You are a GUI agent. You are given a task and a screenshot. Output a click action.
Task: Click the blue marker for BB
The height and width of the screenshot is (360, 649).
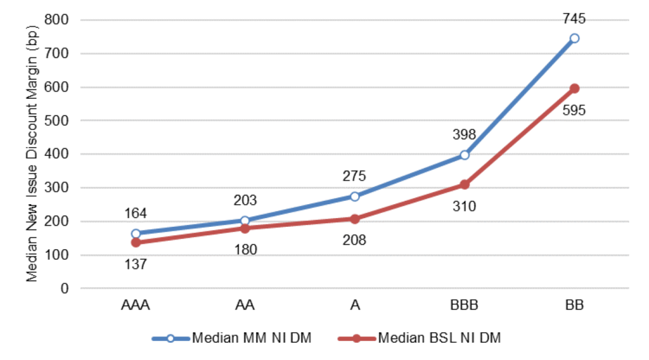[574, 38]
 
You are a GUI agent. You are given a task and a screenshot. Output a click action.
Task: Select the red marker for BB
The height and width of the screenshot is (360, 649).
[574, 89]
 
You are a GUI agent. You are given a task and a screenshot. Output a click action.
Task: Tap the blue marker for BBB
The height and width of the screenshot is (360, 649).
[465, 155]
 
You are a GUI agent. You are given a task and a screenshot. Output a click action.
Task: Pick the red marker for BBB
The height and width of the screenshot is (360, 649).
[465, 184]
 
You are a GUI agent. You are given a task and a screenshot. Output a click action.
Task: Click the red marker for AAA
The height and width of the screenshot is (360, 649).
[136, 243]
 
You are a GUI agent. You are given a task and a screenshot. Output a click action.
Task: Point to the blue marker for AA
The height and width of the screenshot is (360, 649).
[245, 221]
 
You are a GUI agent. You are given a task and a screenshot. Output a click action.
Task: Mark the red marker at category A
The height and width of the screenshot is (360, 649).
[355, 219]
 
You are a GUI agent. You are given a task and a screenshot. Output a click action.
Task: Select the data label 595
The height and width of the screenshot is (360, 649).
[574, 110]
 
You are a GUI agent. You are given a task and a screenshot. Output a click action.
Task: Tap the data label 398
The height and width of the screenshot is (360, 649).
[465, 135]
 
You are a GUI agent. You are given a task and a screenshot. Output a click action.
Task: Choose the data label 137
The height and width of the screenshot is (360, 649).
[136, 264]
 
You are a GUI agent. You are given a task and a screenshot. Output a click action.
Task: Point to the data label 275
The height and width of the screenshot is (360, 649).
[355, 176]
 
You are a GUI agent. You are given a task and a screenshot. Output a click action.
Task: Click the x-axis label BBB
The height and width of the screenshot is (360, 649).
[465, 306]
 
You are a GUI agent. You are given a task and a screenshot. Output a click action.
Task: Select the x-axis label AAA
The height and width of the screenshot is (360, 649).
[136, 306]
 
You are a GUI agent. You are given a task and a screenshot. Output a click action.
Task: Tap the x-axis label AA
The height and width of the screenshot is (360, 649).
[245, 306]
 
